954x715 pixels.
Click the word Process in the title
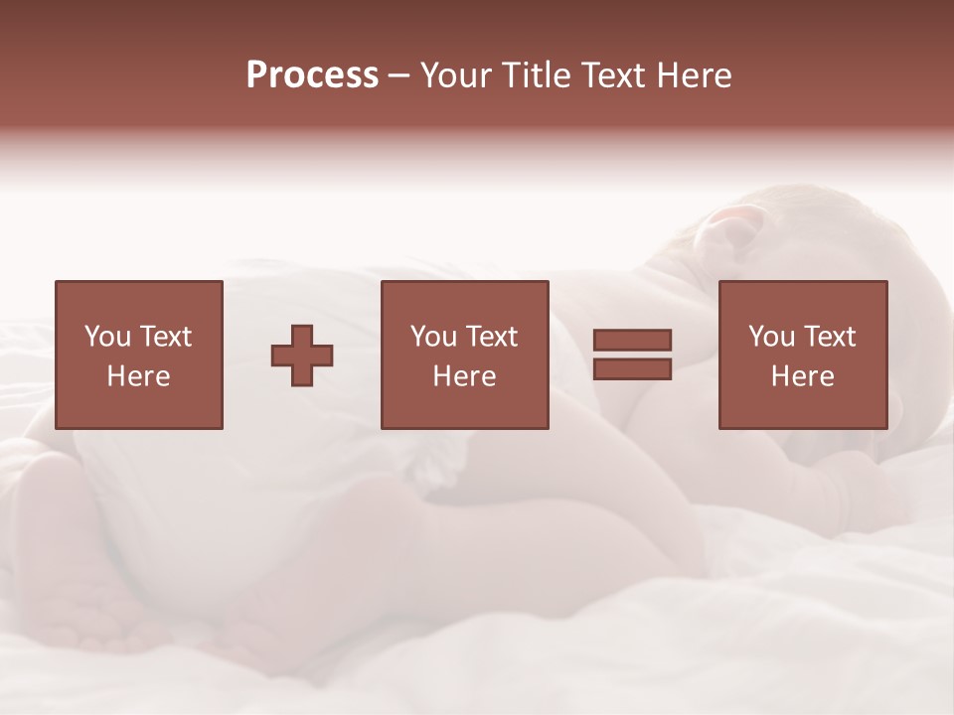click(312, 75)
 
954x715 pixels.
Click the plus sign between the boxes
click(302, 356)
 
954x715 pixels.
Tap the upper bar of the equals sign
click(632, 341)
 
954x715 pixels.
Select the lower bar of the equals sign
click(632, 368)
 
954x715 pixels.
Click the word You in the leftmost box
click(107, 337)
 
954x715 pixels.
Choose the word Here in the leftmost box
click(138, 376)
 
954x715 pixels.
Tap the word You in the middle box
click(433, 337)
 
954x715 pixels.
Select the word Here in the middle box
click(464, 376)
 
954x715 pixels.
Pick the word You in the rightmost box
click(771, 337)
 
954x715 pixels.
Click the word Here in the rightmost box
click(802, 376)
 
